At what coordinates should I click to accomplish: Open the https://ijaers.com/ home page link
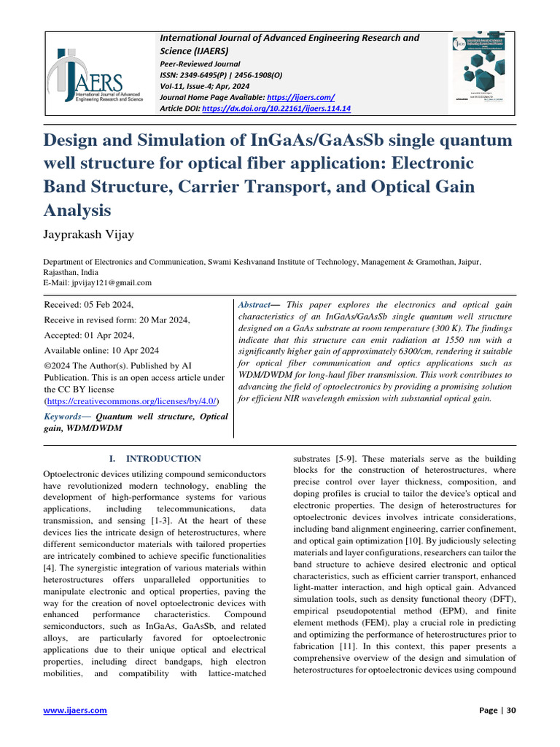[x=301, y=97]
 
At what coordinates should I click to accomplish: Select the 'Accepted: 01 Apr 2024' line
[x=90, y=334]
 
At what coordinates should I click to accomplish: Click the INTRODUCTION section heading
[x=163, y=459]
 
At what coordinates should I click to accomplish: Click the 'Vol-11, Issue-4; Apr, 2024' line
[x=205, y=85]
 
